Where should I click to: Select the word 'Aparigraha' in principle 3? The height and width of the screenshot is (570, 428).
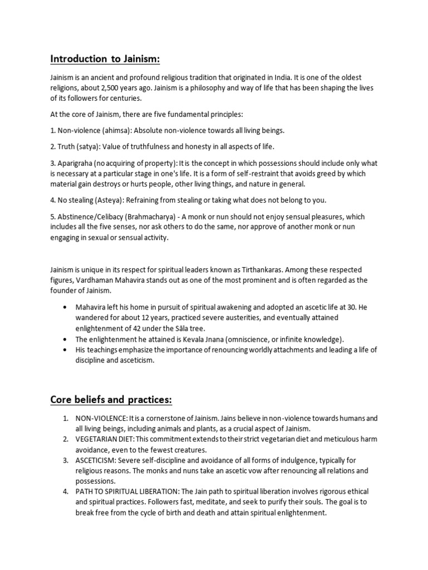[76, 163]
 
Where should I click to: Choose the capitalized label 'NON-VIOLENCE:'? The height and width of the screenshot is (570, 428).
[102, 418]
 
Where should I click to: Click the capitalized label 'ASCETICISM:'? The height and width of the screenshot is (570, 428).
[96, 460]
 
